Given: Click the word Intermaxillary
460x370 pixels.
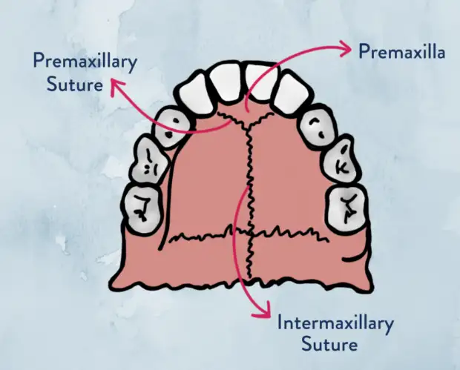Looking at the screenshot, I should click(335, 324).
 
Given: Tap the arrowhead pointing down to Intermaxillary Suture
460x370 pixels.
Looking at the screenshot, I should click(259, 311).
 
